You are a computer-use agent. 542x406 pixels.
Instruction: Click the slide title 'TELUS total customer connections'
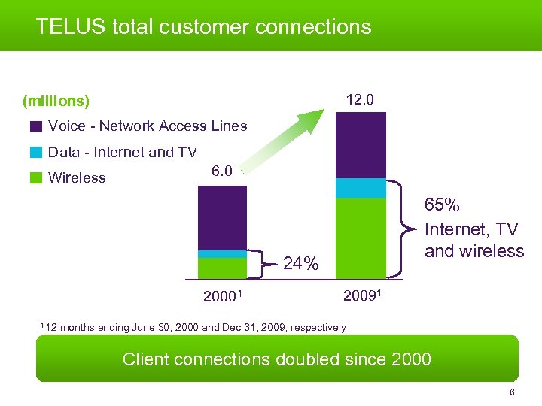coord(203,27)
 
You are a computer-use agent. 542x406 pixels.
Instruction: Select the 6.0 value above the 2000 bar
coord(222,171)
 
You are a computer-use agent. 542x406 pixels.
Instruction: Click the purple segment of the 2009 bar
coord(361,144)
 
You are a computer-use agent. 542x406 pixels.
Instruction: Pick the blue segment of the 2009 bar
coord(361,188)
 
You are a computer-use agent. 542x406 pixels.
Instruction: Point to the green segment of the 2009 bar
coord(361,238)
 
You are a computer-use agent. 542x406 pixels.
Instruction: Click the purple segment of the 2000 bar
coord(222,217)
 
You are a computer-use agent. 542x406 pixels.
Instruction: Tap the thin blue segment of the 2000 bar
coord(222,254)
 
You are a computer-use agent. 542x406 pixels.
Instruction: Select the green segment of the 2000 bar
coord(222,268)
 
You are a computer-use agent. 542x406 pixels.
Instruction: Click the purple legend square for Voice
coord(36,126)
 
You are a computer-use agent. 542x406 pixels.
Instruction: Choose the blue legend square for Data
coord(36,153)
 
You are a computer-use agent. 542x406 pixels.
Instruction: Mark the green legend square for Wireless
coord(36,178)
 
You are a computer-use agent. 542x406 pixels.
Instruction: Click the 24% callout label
coord(301,264)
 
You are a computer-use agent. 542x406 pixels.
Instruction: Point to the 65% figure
coord(443,205)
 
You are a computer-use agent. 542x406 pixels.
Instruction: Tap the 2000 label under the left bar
coord(221,296)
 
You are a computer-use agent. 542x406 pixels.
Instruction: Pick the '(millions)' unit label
coord(56,101)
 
